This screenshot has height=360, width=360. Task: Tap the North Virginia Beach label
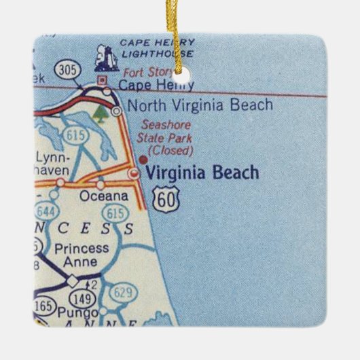click(x=200, y=105)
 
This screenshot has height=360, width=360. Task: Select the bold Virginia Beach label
click(x=202, y=173)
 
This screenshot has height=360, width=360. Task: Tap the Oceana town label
click(x=103, y=196)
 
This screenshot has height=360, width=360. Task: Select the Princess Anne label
click(x=82, y=255)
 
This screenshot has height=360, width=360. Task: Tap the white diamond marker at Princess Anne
click(x=72, y=279)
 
